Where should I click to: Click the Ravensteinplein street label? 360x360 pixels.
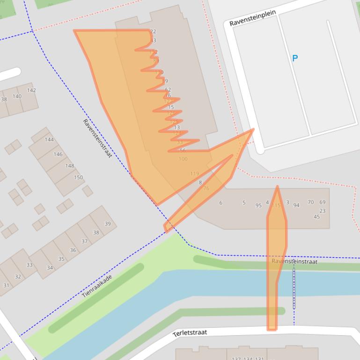tap(252, 17)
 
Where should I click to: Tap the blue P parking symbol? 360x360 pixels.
tap(295, 58)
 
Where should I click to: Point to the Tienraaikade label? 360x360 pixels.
tap(97, 286)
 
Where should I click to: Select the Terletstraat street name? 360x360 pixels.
tap(190, 333)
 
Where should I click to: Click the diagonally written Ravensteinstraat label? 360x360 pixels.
tap(97, 138)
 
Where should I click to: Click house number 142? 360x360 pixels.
tap(31, 90)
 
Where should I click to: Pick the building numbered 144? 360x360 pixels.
tap(49, 139)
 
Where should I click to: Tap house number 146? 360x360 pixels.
tap(58, 154)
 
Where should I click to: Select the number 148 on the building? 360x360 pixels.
tap(70, 166)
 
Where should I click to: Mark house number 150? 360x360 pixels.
tap(78, 177)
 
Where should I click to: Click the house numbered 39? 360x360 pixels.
tap(107, 223)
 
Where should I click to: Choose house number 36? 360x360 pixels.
tap(73, 250)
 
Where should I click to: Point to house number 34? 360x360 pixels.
tap(50, 268)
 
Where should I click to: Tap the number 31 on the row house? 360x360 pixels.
tap(6, 285)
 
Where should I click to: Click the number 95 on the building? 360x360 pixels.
tap(258, 205)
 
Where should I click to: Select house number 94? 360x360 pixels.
tap(296, 205)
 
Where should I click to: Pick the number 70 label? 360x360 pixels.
tap(311, 202)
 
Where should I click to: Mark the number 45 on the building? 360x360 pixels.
tap(317, 216)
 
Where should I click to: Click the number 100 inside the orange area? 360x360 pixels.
tap(183, 159)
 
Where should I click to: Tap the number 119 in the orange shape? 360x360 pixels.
tap(195, 173)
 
